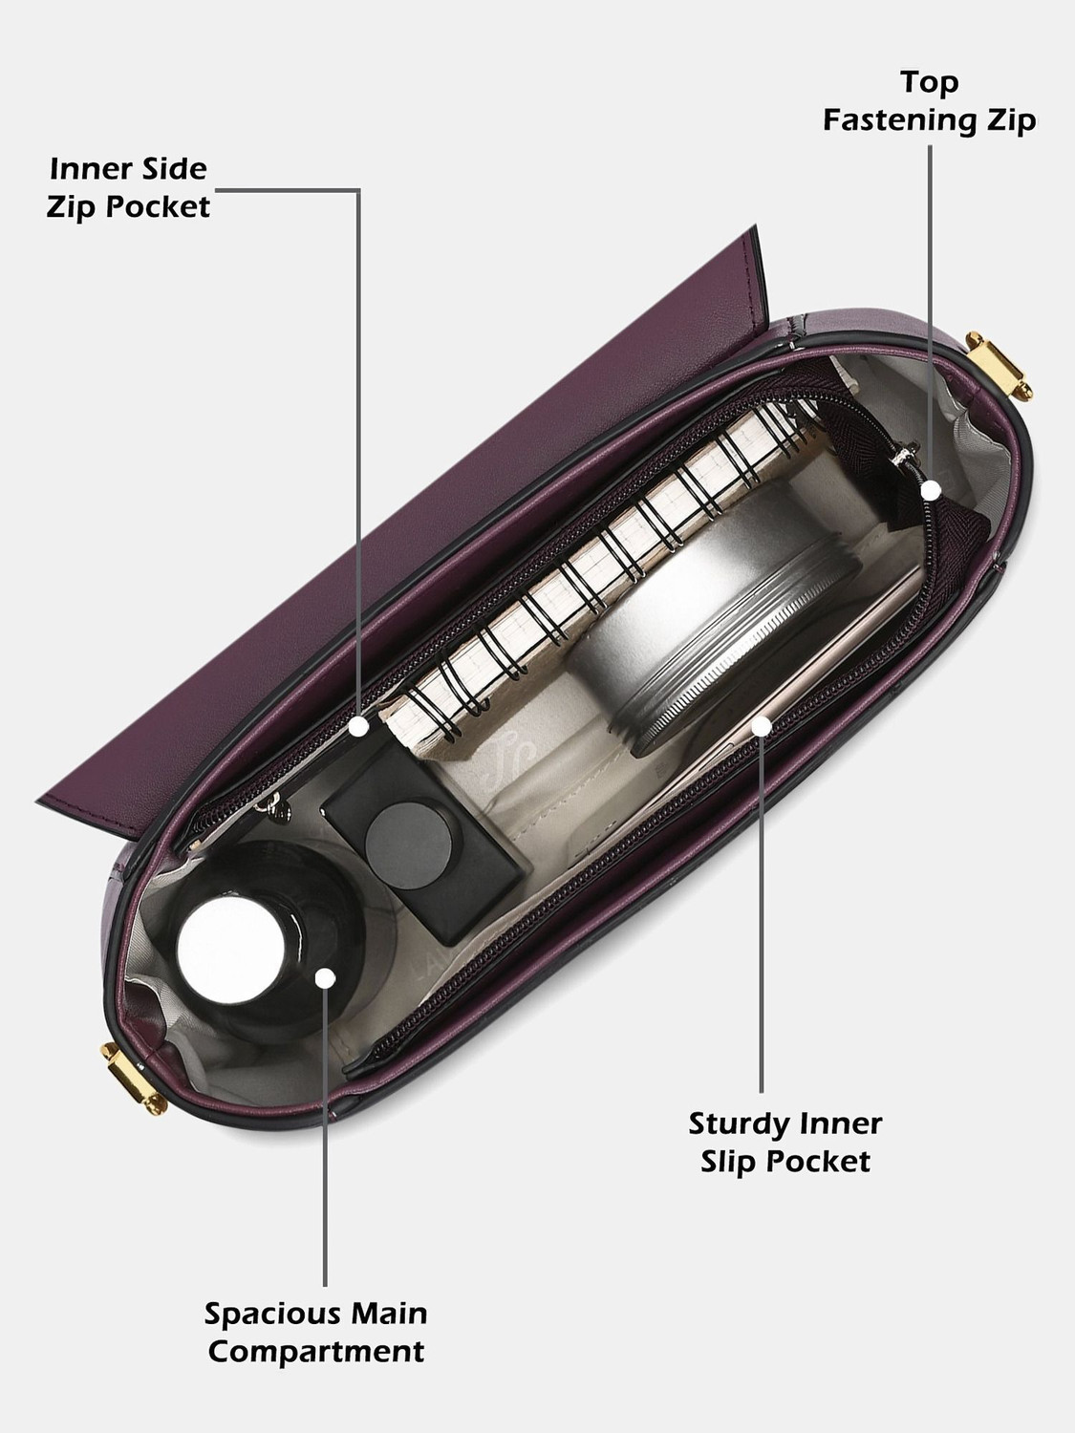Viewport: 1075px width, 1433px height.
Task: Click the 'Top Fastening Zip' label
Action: point(929,101)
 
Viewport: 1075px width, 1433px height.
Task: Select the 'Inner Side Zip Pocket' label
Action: point(129,188)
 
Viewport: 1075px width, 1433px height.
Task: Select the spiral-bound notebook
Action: point(600,574)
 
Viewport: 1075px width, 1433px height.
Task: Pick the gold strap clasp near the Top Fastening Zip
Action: point(999,365)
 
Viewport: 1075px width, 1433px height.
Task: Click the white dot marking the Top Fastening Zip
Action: point(931,490)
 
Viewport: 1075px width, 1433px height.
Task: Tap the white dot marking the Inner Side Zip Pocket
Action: point(358,726)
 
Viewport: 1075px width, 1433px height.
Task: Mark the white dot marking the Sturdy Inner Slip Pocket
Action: point(762,725)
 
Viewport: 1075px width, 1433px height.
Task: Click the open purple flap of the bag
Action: point(404,535)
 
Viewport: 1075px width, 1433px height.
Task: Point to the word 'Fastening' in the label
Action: point(901,120)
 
